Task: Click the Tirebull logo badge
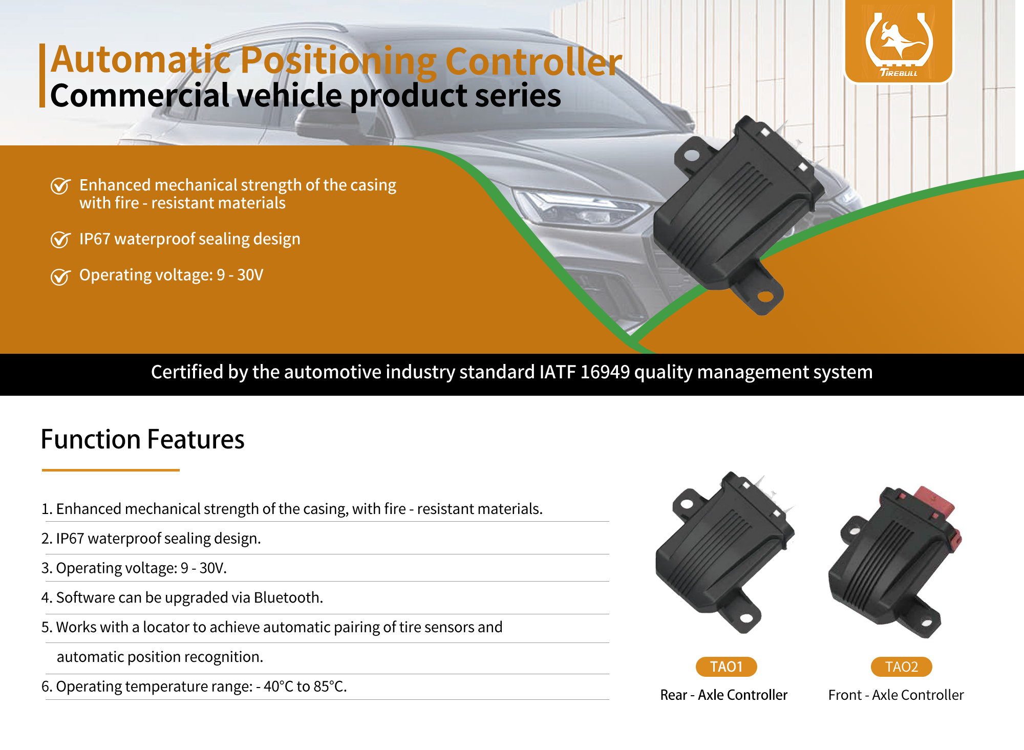pyautogui.click(x=899, y=41)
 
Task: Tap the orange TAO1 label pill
pyautogui.click(x=726, y=667)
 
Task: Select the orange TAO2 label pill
pyautogui.click(x=901, y=667)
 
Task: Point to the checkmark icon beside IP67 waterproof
pyautogui.click(x=60, y=240)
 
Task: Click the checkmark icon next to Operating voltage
pyautogui.click(x=60, y=276)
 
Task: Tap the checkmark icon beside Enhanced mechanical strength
pyautogui.click(x=60, y=186)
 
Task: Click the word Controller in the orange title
pyautogui.click(x=534, y=61)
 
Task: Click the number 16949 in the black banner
pyautogui.click(x=605, y=372)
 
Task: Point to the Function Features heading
pyautogui.click(x=142, y=439)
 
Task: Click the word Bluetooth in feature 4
pyautogui.click(x=288, y=597)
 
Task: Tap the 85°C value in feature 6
pyautogui.click(x=330, y=687)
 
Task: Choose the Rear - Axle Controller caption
pyautogui.click(x=723, y=695)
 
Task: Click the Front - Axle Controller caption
pyautogui.click(x=896, y=695)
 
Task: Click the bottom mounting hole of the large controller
pyautogui.click(x=765, y=296)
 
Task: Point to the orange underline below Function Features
pyautogui.click(x=111, y=469)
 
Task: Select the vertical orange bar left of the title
pyautogui.click(x=42, y=76)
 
